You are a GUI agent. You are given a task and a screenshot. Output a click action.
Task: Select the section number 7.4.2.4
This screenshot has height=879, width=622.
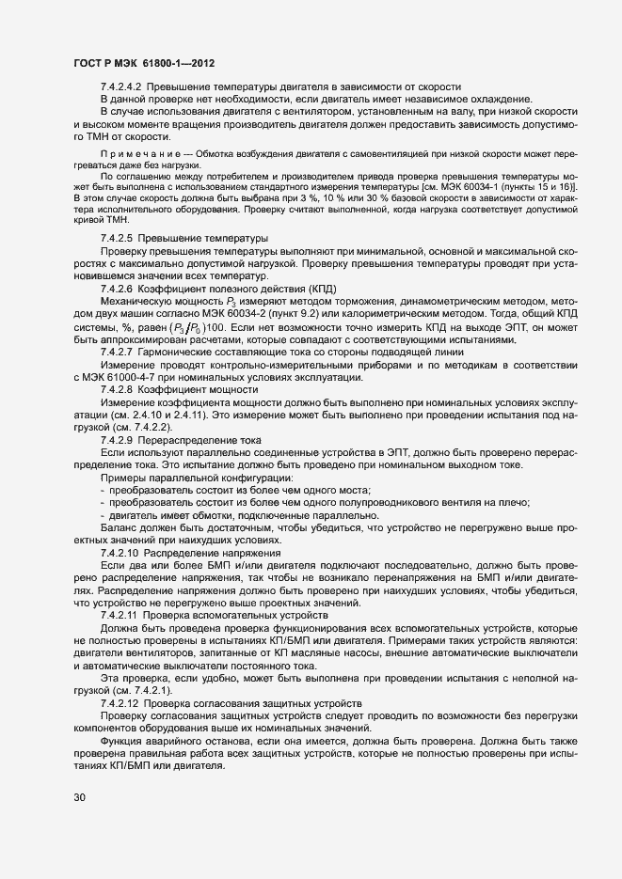pyautogui.click(x=116, y=86)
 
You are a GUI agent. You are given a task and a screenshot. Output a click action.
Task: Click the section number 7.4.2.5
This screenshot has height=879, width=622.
pyautogui.click(x=116, y=239)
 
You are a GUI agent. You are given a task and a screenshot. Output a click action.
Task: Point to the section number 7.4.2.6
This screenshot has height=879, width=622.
pyautogui.click(x=116, y=288)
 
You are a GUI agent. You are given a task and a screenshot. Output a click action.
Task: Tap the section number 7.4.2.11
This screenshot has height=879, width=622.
pyautogui.click(x=118, y=614)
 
